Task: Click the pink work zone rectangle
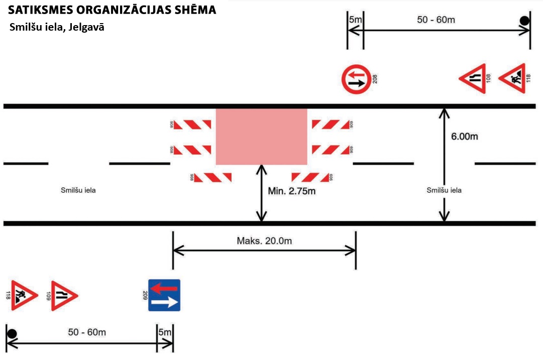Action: point(261,136)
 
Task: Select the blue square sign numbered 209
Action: point(164,295)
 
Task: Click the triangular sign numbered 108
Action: point(474,79)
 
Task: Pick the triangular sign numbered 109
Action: point(64,295)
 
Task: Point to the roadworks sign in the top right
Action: point(513,79)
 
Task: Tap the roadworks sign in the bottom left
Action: point(23,295)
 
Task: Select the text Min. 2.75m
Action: point(292,191)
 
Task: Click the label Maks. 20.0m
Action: point(264,241)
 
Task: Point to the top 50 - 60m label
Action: point(436,20)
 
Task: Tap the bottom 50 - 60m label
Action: point(87,332)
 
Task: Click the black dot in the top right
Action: point(524,21)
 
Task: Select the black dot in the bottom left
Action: point(12,333)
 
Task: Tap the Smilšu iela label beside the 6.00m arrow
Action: point(444,190)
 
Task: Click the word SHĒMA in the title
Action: point(191,10)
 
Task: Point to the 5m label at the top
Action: point(355,20)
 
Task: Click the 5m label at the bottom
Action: point(165,332)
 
